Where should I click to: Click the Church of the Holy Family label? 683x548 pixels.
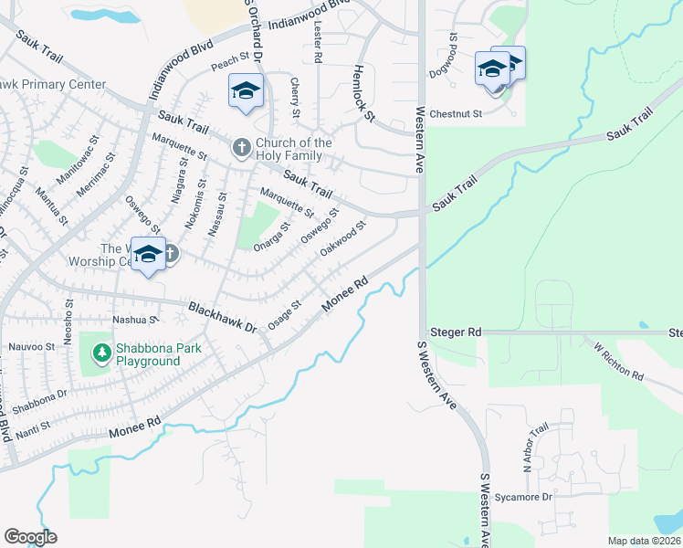(293, 149)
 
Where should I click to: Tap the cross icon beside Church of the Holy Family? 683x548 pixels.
(242, 147)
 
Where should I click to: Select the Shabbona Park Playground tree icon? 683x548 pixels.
(101, 351)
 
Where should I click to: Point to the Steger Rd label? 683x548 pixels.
(461, 332)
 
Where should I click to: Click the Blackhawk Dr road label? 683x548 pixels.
(223, 316)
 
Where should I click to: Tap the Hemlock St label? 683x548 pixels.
(363, 93)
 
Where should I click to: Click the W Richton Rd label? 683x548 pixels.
(618, 362)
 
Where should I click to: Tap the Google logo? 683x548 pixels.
(30, 537)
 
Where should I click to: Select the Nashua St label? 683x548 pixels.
(134, 320)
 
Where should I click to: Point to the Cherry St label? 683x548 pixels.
(295, 98)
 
